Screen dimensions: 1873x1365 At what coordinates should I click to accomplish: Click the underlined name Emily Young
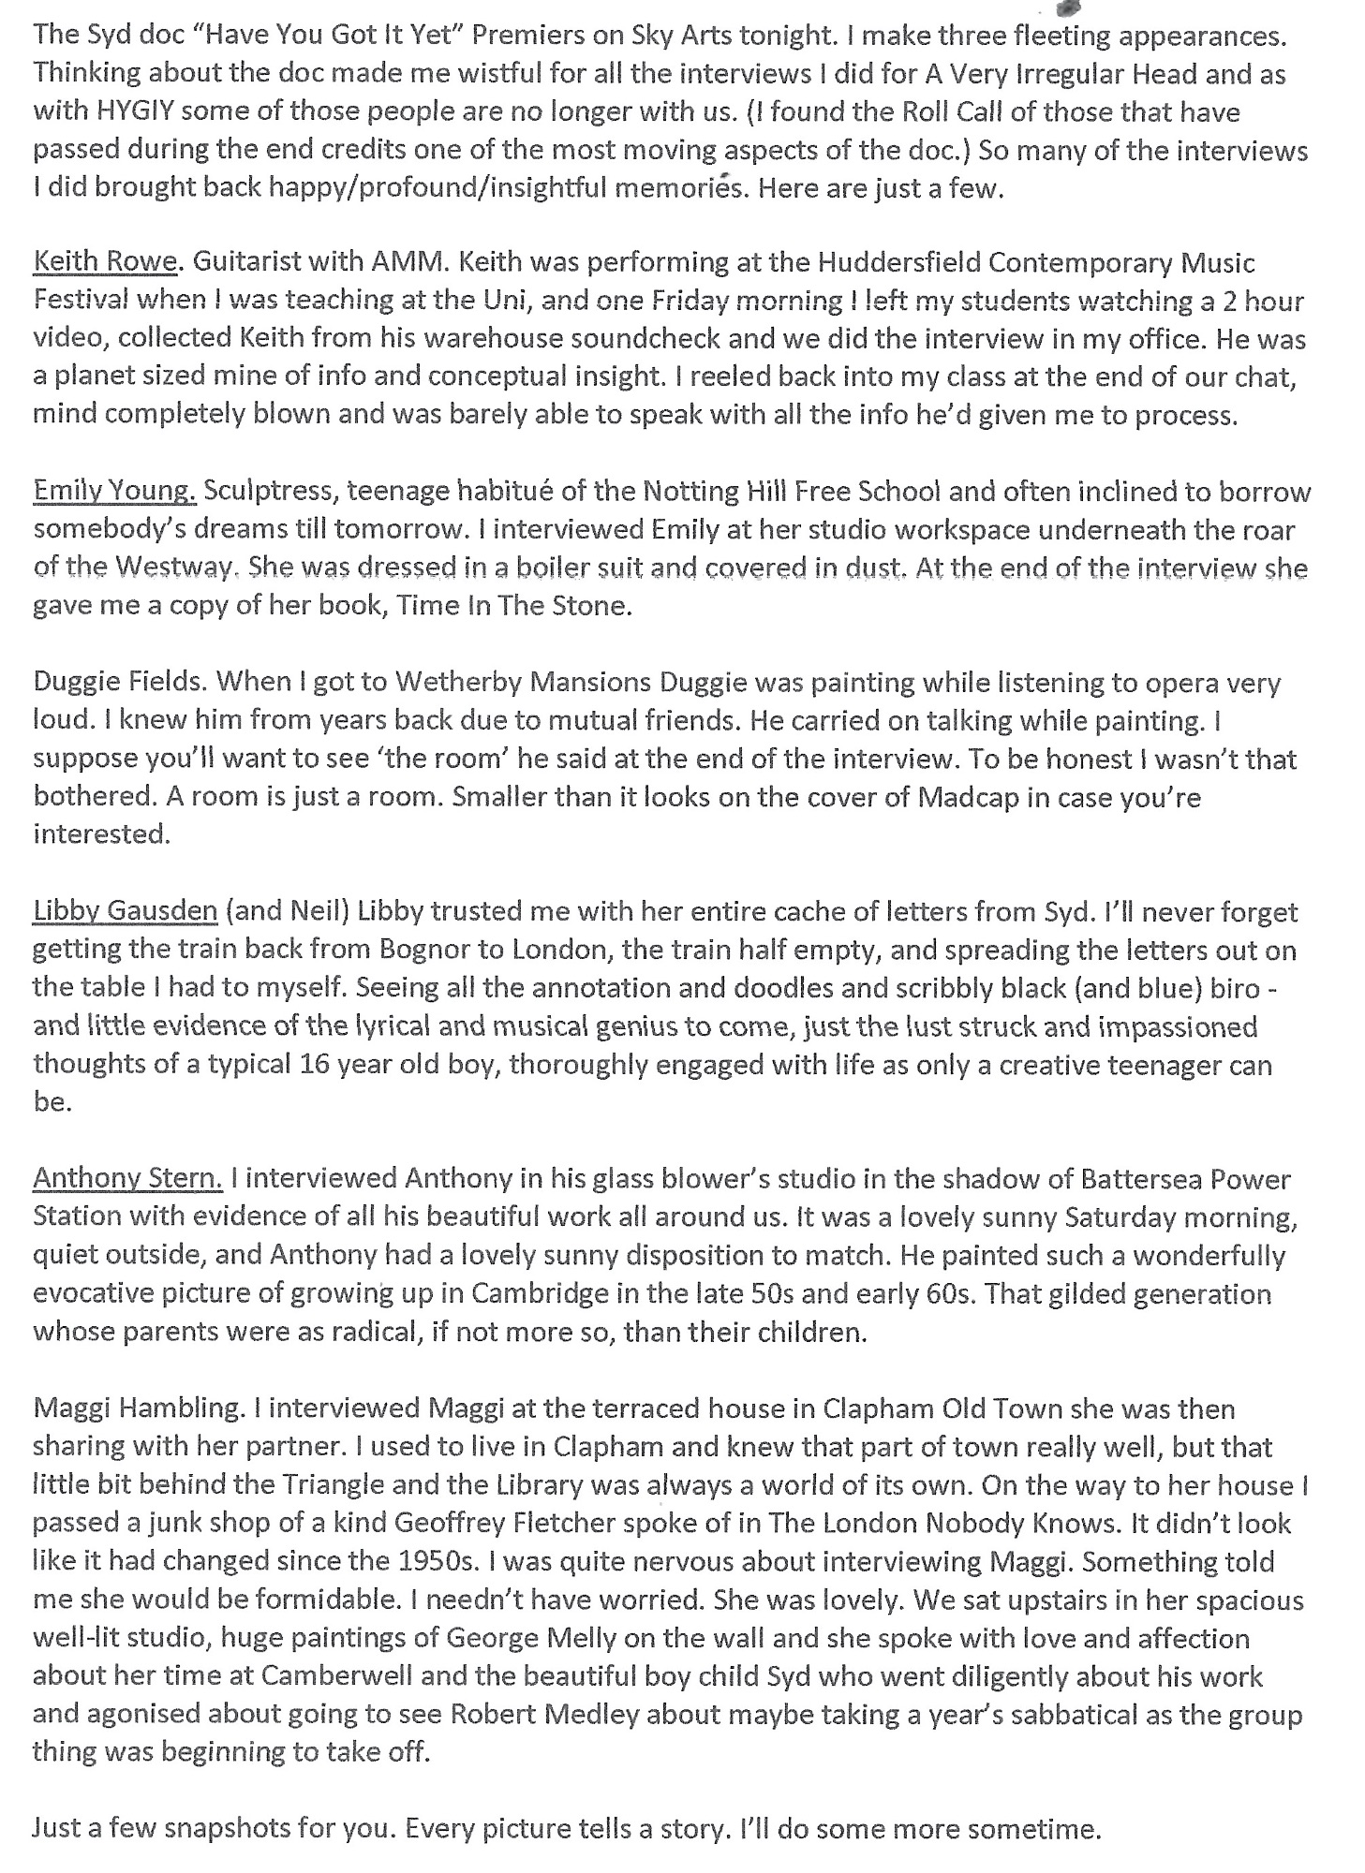click(x=114, y=491)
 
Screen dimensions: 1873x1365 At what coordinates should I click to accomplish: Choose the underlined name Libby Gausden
click(x=126, y=911)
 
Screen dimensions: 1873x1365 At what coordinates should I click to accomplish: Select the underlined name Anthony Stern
click(x=127, y=1178)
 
